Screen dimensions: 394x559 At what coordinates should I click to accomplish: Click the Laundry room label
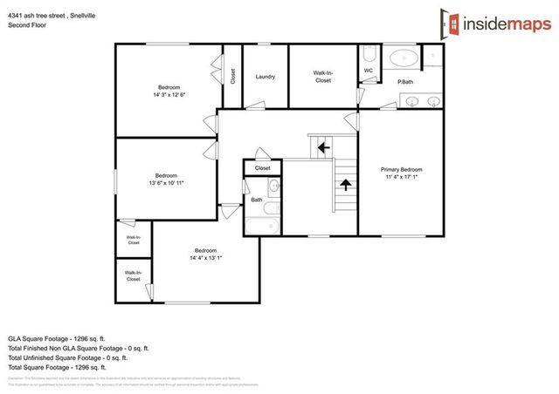click(266, 77)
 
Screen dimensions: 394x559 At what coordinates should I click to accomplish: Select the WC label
click(368, 70)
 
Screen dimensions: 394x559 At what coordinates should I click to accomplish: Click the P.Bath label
click(405, 82)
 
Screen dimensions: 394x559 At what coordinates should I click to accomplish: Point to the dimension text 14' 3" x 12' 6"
click(169, 94)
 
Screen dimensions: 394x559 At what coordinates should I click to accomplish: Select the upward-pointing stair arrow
click(346, 184)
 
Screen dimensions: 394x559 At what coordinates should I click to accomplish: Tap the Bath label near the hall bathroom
click(257, 200)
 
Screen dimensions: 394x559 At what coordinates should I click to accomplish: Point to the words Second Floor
click(27, 25)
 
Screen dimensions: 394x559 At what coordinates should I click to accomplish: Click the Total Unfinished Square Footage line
click(68, 357)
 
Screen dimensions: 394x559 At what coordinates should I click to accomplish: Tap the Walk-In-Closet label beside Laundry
click(322, 77)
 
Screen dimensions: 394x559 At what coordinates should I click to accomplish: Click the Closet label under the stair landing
click(262, 167)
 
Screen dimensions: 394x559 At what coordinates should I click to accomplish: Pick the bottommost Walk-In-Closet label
click(133, 275)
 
